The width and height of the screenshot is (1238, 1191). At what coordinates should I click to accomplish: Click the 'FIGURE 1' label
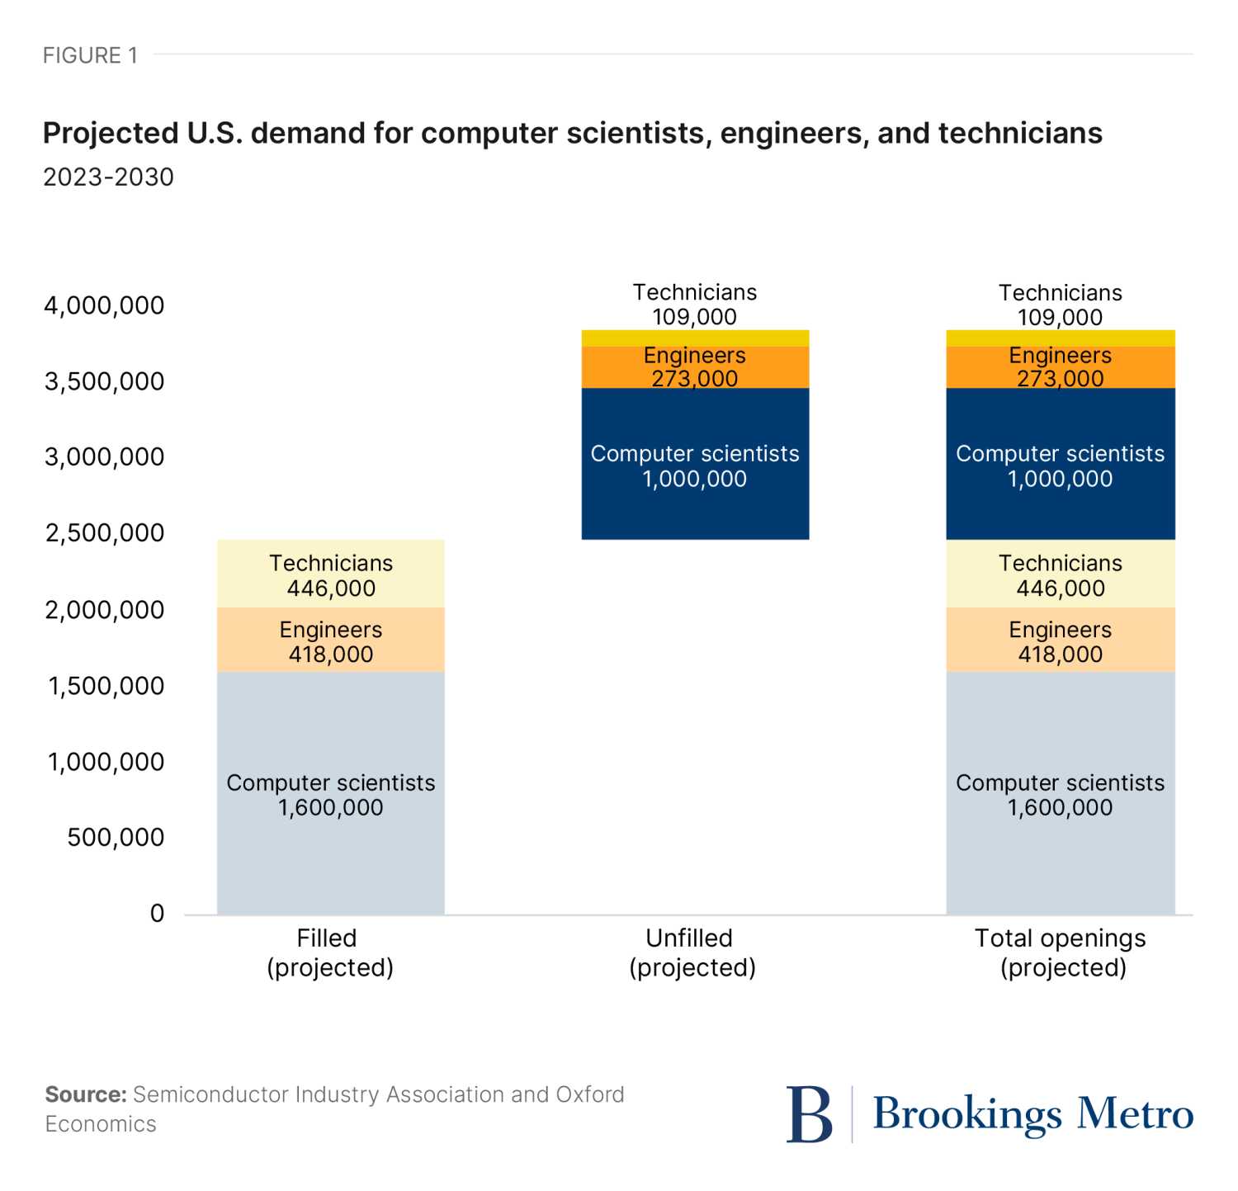point(90,55)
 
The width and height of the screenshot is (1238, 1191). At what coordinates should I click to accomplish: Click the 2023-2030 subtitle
point(108,177)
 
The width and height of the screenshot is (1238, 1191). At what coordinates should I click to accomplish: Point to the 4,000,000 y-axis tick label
point(104,305)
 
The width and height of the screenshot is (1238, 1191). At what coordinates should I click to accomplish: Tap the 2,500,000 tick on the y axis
point(104,533)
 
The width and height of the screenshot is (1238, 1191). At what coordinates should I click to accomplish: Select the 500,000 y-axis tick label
point(116,838)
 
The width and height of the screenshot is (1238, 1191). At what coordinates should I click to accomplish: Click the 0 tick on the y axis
point(157,914)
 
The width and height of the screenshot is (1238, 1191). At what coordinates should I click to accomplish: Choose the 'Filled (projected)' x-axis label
point(329,952)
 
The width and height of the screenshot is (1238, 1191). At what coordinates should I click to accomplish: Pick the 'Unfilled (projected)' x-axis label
point(692,952)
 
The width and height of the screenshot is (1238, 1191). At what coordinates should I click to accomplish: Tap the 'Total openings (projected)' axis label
point(1061,952)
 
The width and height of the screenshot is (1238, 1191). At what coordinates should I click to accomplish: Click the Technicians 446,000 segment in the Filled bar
point(330,574)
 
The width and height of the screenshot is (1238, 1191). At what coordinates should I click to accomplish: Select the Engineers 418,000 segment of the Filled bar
point(330,640)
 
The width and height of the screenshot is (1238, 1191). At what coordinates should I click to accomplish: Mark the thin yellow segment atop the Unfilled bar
point(695,338)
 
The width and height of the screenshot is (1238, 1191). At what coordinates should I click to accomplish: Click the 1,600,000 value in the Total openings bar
point(1061,808)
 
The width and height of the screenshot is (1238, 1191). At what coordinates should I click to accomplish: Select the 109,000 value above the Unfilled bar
point(695,317)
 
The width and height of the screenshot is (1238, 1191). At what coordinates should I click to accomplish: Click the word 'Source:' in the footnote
point(86,1094)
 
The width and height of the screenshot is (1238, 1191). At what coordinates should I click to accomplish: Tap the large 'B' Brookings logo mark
point(809,1114)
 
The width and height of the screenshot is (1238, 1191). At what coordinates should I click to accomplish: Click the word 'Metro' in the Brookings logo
point(1135,1114)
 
